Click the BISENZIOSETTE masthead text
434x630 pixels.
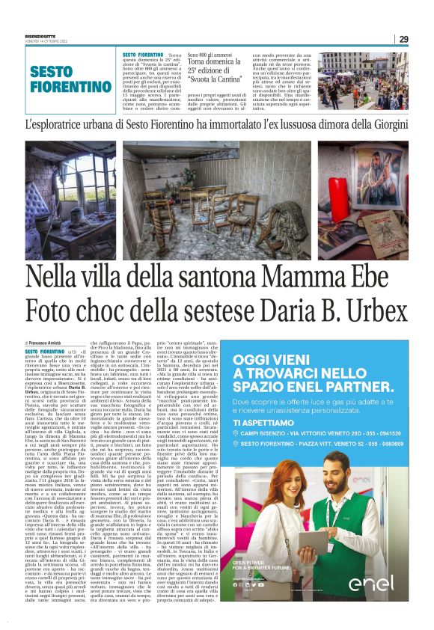point(46,35)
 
